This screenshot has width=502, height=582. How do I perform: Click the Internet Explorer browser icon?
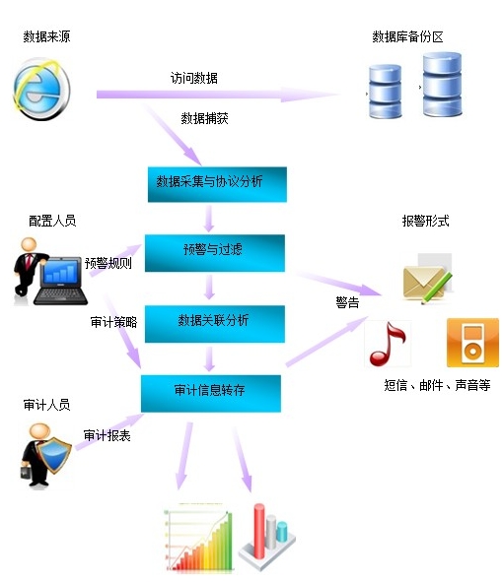[x=41, y=89]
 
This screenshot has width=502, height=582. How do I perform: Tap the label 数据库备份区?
[x=407, y=36]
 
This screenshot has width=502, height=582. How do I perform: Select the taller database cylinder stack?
[x=442, y=85]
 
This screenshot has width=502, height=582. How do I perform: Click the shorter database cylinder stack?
[x=385, y=91]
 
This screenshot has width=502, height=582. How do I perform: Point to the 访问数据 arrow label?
[x=193, y=78]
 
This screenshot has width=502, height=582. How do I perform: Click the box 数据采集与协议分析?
[x=217, y=184]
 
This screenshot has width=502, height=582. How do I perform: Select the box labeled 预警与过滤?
[x=215, y=253]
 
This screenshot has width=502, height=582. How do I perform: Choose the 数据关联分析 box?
[x=215, y=324]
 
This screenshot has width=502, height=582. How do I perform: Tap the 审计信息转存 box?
[x=211, y=394]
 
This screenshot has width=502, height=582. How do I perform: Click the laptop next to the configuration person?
[x=60, y=281]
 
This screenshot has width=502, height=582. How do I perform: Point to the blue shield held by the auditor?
[x=54, y=454]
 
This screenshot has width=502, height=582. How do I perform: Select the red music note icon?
[x=388, y=344]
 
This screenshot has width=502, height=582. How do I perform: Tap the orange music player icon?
[x=472, y=343]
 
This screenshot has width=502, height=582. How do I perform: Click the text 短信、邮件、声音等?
[x=437, y=385]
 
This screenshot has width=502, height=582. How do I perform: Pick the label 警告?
[x=347, y=302]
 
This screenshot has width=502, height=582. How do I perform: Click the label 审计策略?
[x=113, y=322]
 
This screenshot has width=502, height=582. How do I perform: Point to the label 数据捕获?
[x=204, y=118]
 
